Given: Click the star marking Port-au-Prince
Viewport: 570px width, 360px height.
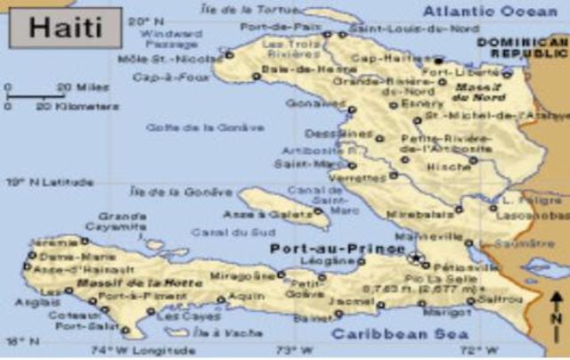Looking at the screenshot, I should click(x=416, y=258).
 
